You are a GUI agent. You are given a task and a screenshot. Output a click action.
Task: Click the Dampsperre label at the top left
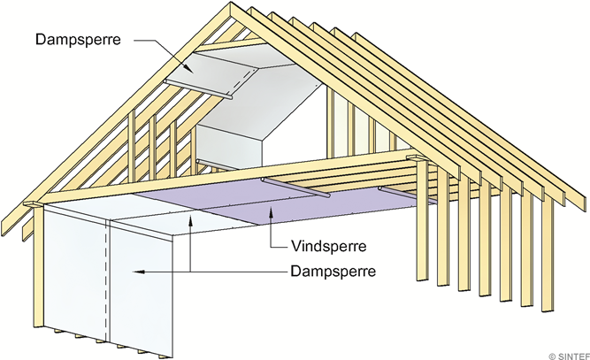(78, 39)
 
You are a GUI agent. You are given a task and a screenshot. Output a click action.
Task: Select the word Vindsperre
(328, 247)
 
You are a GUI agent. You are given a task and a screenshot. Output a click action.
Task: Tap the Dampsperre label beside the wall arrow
(333, 271)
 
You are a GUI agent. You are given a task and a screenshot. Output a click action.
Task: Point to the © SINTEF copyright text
(570, 356)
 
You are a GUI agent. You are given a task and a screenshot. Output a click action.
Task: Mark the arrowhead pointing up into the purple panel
(271, 213)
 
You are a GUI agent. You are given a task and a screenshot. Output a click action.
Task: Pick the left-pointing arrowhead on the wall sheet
(139, 272)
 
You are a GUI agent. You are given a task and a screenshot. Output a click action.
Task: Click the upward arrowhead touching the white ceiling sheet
(191, 219)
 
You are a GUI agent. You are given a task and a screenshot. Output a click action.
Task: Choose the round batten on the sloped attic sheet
(198, 89)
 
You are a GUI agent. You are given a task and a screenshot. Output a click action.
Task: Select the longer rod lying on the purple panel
(296, 188)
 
